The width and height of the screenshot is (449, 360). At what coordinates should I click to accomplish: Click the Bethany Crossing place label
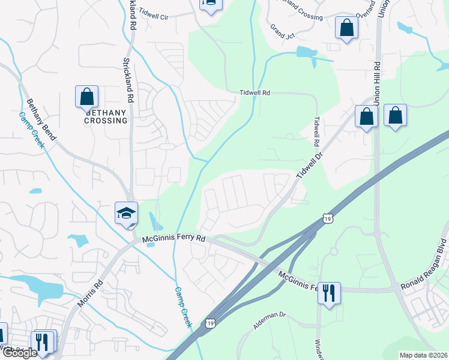(106, 116)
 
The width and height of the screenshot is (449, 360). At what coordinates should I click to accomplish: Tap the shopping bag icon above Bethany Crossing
(86, 97)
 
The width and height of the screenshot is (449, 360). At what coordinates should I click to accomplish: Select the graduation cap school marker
(127, 214)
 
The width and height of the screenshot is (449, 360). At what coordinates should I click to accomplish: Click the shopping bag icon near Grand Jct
(346, 28)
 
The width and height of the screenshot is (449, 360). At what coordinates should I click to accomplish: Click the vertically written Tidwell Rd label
(314, 132)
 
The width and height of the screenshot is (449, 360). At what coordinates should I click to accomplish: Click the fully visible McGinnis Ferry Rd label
(174, 239)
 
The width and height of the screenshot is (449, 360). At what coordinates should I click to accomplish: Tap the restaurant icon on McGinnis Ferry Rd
(328, 293)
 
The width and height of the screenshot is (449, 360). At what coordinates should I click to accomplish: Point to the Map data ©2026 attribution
(423, 355)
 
